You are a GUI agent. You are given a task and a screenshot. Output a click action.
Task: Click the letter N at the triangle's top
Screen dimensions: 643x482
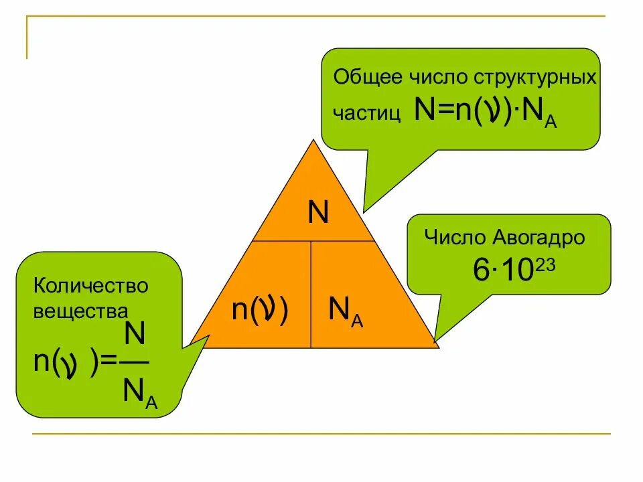coord(317,214)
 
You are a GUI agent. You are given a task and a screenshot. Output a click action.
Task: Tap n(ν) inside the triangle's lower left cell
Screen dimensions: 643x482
coord(260,311)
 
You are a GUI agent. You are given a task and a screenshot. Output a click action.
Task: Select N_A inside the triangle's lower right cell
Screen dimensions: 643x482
coord(346,311)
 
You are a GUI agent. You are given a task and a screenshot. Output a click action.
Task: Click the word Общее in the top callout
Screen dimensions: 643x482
coord(367,78)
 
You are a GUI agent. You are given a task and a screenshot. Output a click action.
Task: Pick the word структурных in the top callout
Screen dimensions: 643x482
coord(535,78)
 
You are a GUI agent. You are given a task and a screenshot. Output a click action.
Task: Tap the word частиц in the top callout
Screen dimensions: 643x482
coord(367,113)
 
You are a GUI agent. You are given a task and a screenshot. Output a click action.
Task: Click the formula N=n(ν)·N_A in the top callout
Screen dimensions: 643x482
coord(485,111)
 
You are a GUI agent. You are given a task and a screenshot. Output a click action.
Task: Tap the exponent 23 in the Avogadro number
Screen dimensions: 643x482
coord(545,264)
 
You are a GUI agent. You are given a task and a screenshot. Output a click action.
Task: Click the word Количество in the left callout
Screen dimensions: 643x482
coord(90,286)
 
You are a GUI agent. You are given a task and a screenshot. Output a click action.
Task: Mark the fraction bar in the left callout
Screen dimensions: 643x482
coord(136,362)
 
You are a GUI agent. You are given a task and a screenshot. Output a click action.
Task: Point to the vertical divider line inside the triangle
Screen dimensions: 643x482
coord(311,295)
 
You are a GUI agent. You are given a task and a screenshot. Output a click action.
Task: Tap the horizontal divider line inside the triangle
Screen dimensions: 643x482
coord(312,241)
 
